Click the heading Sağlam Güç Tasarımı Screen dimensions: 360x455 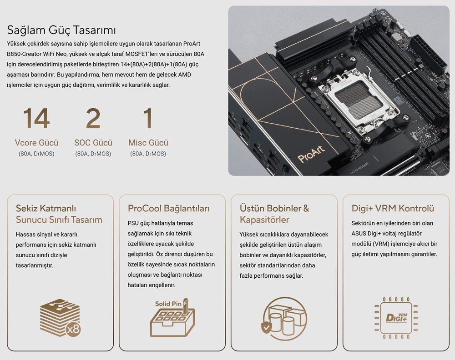point(61,30)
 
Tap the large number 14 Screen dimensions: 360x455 point(36,118)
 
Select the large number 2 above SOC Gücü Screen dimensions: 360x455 point(93,118)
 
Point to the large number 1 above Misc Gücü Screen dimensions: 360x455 point(148,118)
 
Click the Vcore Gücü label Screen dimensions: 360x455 point(36,143)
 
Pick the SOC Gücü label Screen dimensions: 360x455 point(93,143)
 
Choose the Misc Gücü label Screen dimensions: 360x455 point(148,143)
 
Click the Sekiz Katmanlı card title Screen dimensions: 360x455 point(46,209)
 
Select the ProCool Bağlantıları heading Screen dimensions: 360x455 point(168,209)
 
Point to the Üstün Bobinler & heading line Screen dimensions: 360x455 point(274,209)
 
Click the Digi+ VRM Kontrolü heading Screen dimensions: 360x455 point(393,209)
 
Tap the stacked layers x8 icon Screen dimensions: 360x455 point(60,318)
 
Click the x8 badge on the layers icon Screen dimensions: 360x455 point(73,330)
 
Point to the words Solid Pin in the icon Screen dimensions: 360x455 point(168,304)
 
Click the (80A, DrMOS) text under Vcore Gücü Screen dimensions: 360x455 point(36,154)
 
